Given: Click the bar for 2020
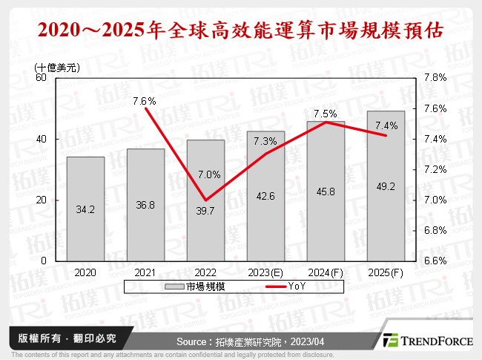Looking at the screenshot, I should click(x=85, y=209).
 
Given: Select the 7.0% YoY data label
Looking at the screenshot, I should click(x=208, y=175).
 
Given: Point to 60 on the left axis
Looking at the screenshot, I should click(x=41, y=77).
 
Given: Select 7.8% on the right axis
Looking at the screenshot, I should click(x=435, y=77).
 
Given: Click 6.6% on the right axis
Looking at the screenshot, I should click(x=435, y=261).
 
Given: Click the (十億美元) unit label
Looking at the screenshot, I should click(x=57, y=66).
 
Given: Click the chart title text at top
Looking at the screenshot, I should click(x=241, y=30).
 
